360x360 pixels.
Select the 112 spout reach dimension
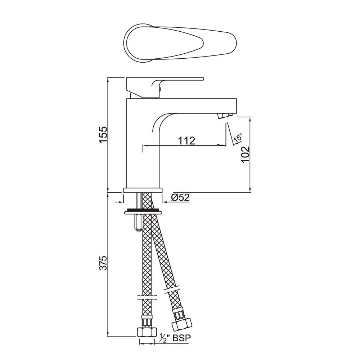click(186, 140)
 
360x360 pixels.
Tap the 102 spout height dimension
click(246, 154)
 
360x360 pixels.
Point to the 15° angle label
click(238, 138)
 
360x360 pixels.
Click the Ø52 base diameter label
click(180, 197)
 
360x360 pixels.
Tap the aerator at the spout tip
click(225, 116)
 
